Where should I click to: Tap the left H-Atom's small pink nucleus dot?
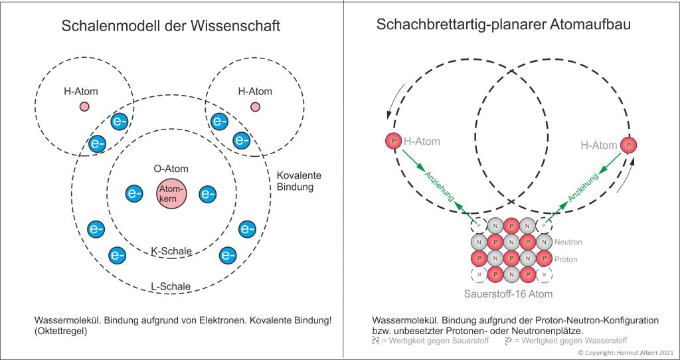84,106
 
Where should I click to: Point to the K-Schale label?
171,251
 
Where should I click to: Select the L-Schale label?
170,287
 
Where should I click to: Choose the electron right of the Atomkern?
207,194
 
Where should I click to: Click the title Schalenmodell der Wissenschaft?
171,27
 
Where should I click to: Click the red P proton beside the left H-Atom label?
392,141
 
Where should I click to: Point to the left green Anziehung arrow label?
440,188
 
